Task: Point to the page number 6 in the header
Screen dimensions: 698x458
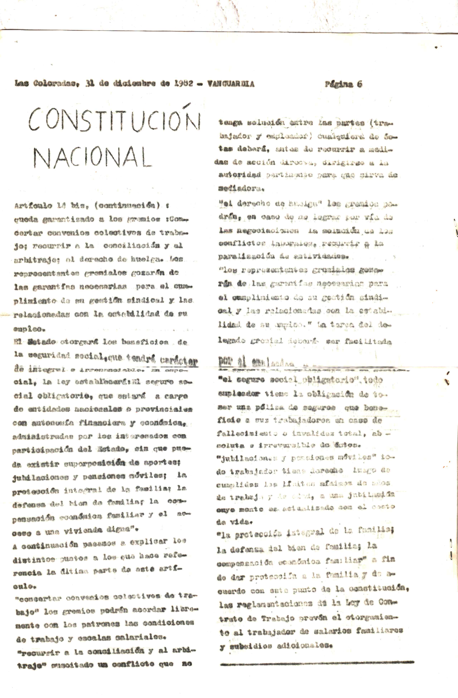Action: click(x=359, y=84)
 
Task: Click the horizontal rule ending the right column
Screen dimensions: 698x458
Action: click(x=317, y=662)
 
